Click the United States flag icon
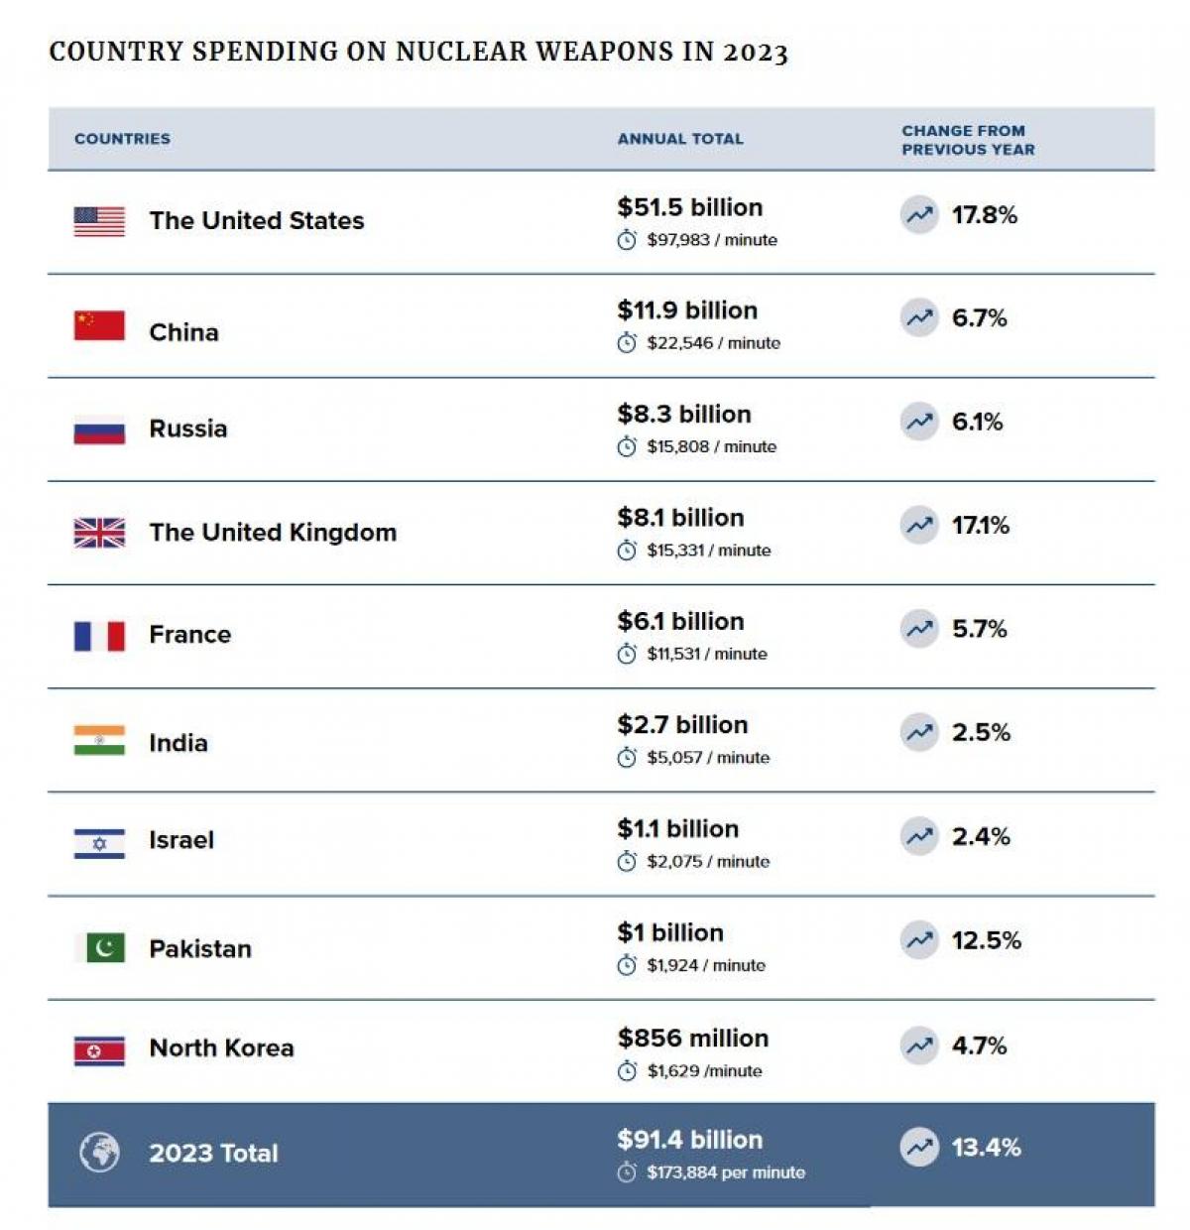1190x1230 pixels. point(99,221)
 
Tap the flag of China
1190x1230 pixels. point(99,325)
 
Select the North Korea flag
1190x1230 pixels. point(99,1050)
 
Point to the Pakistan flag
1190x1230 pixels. point(99,948)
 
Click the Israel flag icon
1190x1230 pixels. point(99,843)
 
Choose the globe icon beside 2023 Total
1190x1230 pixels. point(99,1153)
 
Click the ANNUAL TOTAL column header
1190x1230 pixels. point(680,139)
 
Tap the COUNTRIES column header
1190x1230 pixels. point(122,139)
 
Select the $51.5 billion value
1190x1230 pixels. point(690,207)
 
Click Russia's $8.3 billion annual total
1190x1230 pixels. point(684,415)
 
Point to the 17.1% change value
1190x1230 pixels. point(980,526)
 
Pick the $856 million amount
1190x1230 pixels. point(693,1039)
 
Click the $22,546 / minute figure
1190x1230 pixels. point(713,343)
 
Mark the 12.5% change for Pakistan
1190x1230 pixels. point(986,940)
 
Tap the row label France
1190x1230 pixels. point(189,635)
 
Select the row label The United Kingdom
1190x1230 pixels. point(273,533)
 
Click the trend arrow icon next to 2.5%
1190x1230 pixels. point(919,733)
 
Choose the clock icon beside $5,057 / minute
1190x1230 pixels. point(627,759)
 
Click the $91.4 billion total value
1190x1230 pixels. point(690,1140)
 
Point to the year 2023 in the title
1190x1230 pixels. point(756,53)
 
